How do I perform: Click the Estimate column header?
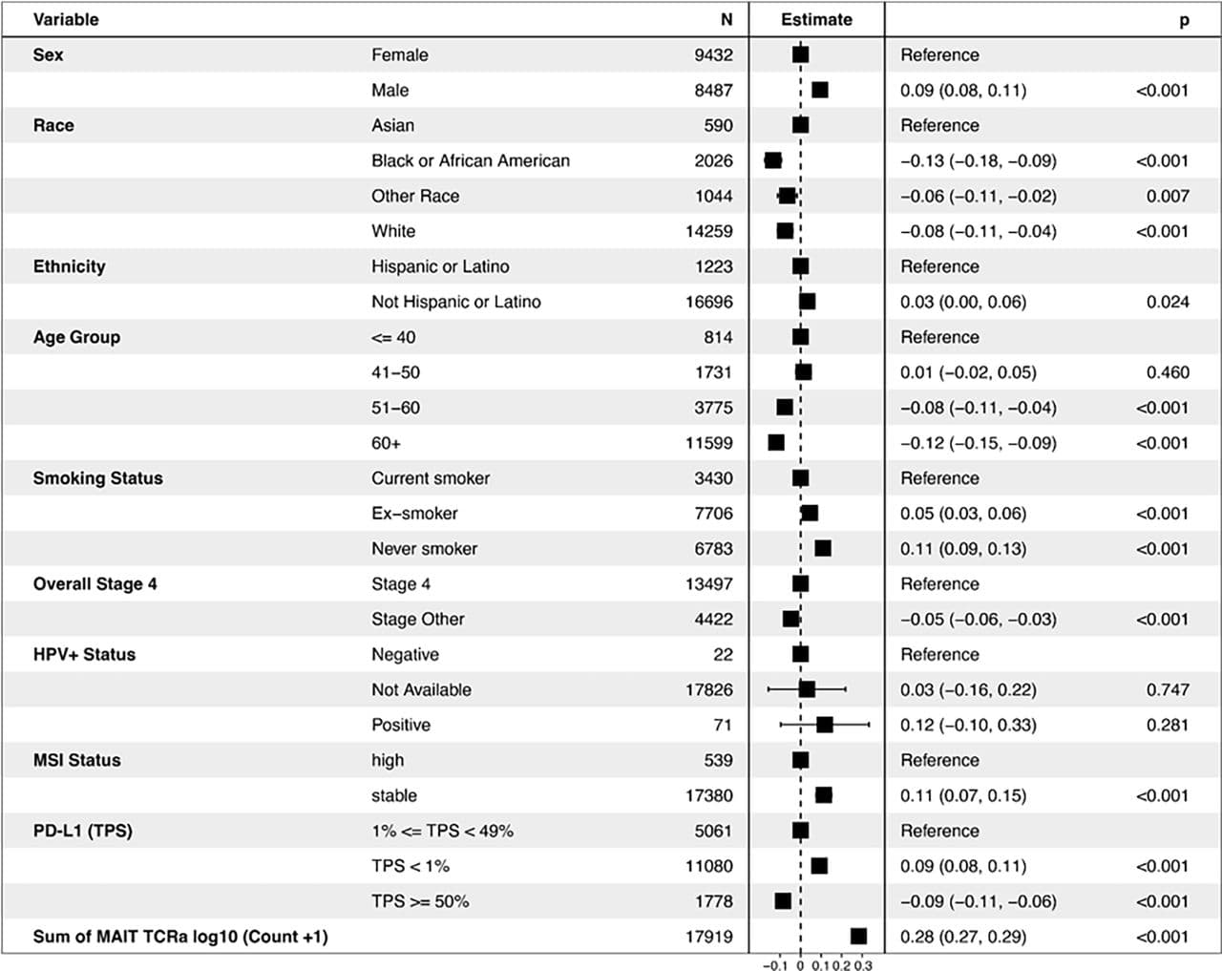coord(816,20)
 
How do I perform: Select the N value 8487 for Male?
coord(713,91)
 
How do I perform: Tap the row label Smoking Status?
coord(97,478)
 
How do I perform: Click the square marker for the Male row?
coord(819,90)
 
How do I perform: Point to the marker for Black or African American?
coord(773,160)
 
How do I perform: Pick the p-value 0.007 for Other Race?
coord(1168,197)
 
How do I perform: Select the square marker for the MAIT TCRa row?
coord(858,937)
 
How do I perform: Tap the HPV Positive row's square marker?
coord(825,725)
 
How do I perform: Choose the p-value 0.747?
coord(1168,690)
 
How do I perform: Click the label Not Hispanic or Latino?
coord(456,302)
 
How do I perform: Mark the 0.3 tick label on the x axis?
coord(862,965)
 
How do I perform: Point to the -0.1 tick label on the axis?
coord(774,965)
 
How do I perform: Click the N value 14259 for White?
coord(708,232)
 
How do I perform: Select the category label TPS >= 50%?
coord(420,901)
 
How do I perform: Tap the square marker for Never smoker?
coord(823,549)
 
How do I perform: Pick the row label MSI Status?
coord(76,760)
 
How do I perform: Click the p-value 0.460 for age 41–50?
coord(1168,372)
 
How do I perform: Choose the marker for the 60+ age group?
coord(776,442)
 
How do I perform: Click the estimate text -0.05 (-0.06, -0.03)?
coord(979,620)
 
